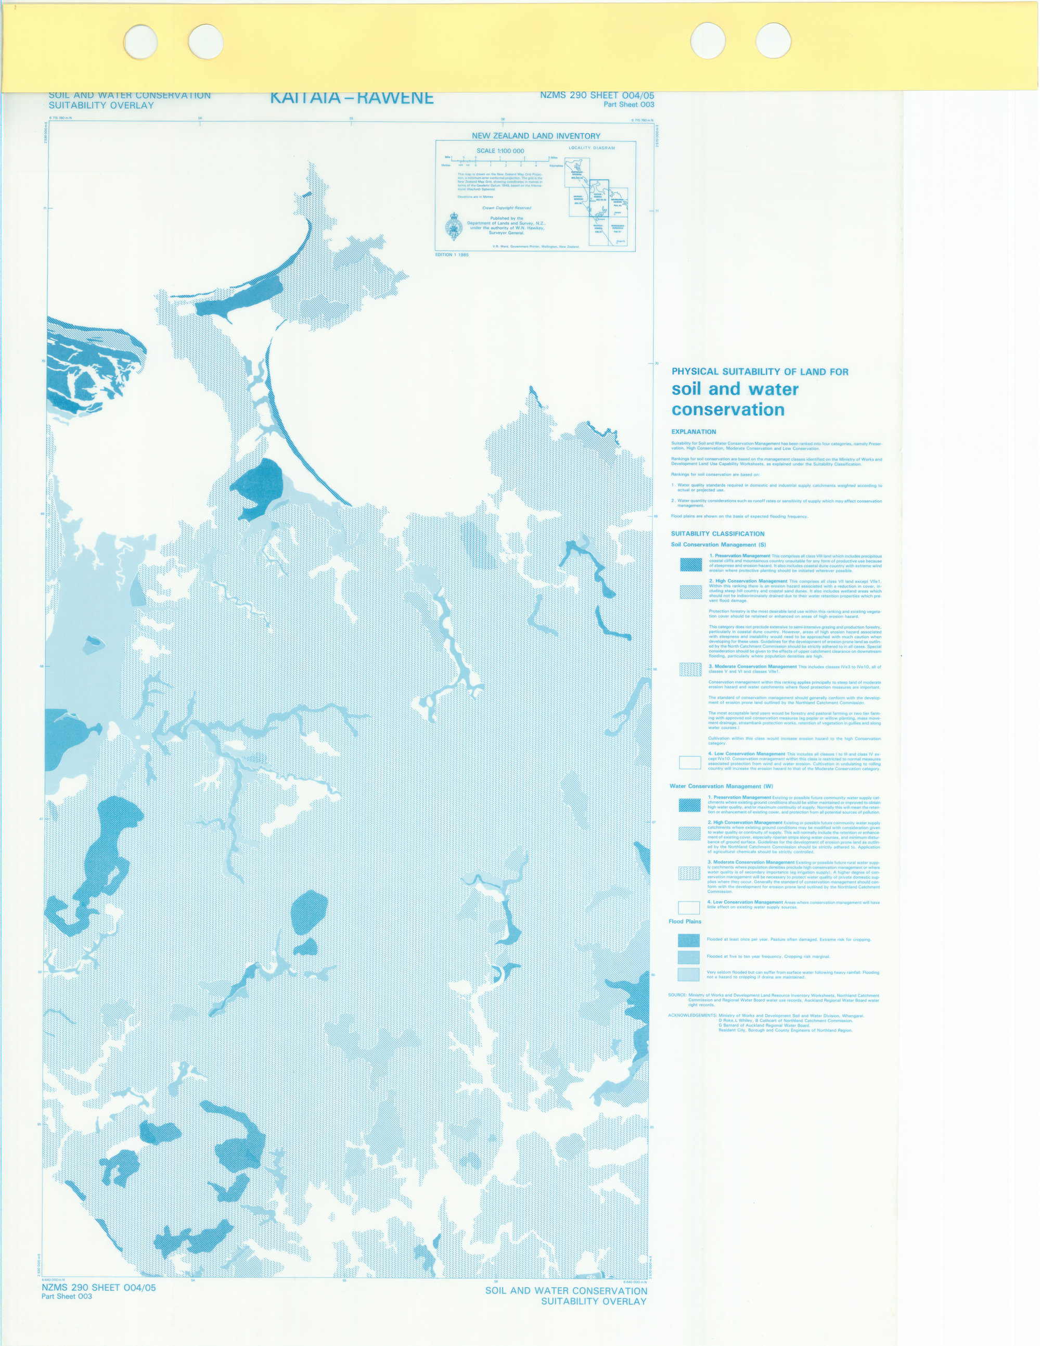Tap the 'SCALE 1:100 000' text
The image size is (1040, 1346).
click(x=500, y=151)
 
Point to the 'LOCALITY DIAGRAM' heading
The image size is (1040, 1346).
click(x=592, y=148)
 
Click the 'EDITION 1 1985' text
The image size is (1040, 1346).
click(x=452, y=255)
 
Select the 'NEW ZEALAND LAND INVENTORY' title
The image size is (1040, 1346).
click(x=535, y=135)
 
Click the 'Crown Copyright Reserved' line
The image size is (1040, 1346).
click(x=506, y=208)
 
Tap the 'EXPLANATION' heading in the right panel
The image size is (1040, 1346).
click(x=694, y=432)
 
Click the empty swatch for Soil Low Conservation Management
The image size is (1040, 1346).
click(x=690, y=763)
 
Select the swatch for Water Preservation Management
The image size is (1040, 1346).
click(x=689, y=805)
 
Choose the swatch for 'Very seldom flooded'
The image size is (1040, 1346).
click(x=688, y=974)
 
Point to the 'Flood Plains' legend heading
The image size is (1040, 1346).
click(x=685, y=921)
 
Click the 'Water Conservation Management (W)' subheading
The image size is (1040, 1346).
click(x=713, y=786)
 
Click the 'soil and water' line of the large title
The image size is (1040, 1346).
click(x=735, y=389)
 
